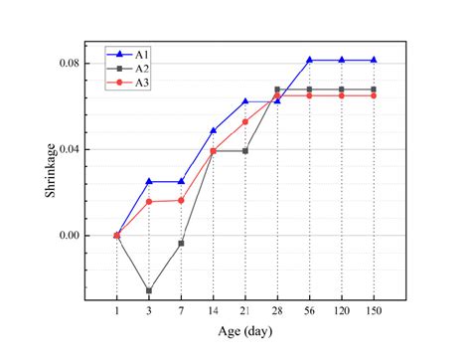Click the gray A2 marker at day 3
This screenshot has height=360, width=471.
[x=149, y=291]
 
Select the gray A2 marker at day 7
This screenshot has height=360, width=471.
[x=181, y=243]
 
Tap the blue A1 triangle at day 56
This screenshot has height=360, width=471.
[x=309, y=60]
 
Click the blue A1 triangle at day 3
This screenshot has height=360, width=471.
[x=149, y=181]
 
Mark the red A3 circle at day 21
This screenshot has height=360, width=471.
[x=245, y=121]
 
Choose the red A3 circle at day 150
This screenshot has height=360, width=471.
[x=374, y=95]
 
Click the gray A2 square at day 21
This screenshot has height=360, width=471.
[x=245, y=151]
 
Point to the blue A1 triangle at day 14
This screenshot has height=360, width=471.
[x=213, y=130]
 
